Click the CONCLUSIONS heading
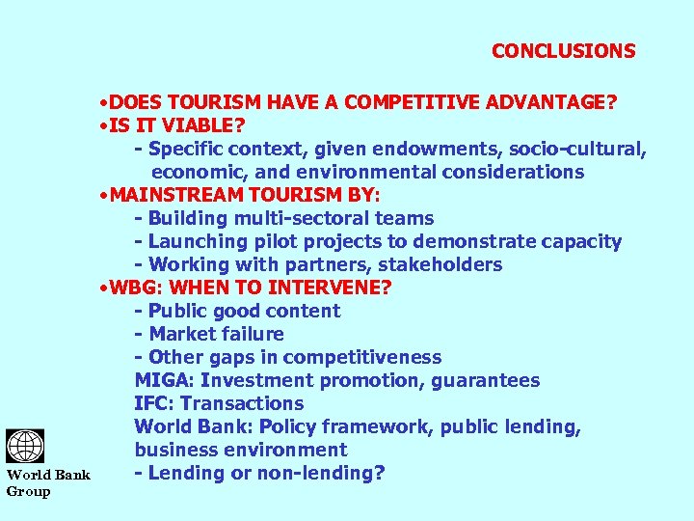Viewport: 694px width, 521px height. (563, 51)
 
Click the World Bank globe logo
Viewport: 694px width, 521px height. (25, 447)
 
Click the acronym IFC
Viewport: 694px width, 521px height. (152, 403)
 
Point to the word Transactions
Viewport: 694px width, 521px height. (242, 403)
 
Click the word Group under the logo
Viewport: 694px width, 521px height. (28, 490)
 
